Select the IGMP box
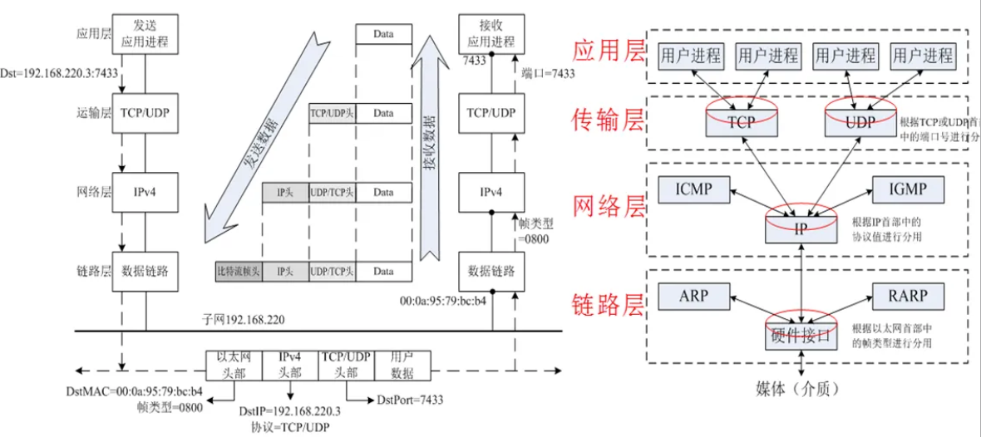[908, 189]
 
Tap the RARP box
[908, 296]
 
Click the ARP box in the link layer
[693, 296]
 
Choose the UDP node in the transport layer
[860, 122]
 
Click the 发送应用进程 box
[145, 34]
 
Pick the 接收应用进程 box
[491, 34]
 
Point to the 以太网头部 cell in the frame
[234, 365]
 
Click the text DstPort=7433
[410, 400]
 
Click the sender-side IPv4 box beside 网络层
[145, 193]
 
